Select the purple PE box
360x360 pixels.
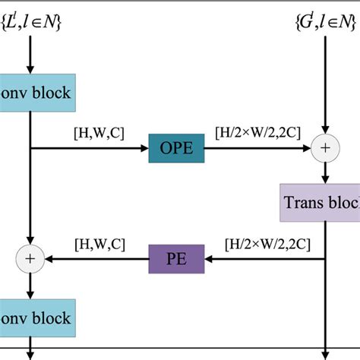(177, 259)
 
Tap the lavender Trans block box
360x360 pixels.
(320, 203)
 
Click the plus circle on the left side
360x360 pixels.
(30, 259)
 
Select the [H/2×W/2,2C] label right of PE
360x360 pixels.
(264, 245)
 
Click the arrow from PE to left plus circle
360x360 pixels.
(99, 259)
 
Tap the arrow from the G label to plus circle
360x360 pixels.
(325, 84)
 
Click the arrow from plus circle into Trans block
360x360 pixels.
(325, 173)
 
